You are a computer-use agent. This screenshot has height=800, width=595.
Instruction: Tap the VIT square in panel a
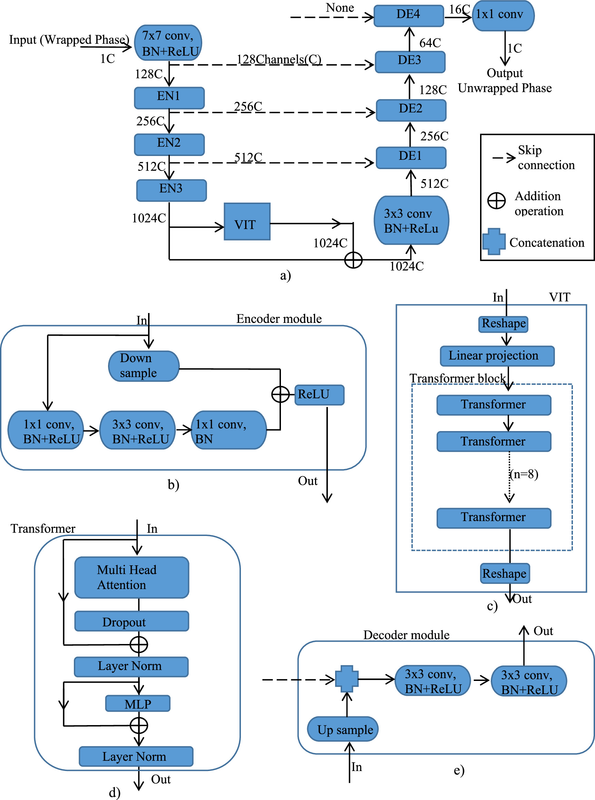coord(247,221)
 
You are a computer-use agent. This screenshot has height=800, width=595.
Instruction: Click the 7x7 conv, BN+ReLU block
coord(168,43)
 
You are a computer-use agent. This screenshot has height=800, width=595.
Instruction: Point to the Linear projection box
coord(497,356)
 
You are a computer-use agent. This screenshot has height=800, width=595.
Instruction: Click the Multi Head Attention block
coord(131,577)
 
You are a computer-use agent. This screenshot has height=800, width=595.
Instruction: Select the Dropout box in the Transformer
coord(131,621)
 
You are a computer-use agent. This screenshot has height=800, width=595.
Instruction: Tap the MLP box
coord(138,703)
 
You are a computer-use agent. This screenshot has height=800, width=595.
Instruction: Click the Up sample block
coord(342,729)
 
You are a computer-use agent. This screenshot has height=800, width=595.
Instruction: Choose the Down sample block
coord(143,366)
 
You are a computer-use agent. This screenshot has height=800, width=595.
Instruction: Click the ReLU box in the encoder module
coord(319,395)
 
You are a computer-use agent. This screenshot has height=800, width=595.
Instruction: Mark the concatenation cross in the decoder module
coord(347,679)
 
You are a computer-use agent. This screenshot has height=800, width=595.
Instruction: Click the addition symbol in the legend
coord(496,201)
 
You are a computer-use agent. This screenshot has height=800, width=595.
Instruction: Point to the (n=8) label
coord(524,474)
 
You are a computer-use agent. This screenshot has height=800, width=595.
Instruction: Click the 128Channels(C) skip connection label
coord(279,59)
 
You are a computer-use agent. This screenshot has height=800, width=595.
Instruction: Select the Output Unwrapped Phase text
coord(504,81)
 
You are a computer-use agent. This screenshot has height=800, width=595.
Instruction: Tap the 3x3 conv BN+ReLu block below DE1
coord(411,221)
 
